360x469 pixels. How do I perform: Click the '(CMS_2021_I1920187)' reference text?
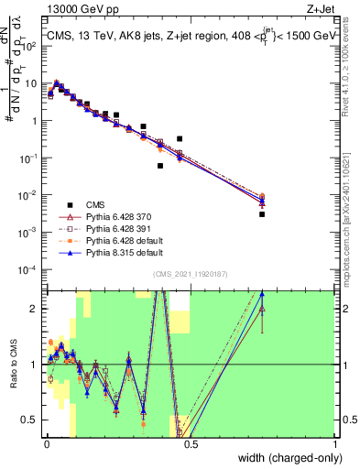click(x=191, y=273)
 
